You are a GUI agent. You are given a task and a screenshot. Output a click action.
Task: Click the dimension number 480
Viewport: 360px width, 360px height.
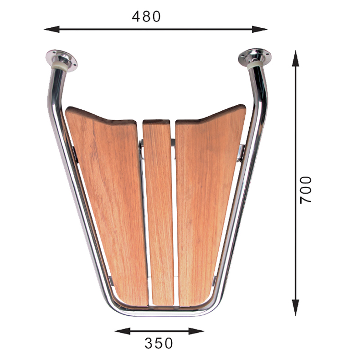click(x=146, y=16)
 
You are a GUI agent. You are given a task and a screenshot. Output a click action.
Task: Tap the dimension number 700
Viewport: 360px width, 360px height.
click(x=306, y=190)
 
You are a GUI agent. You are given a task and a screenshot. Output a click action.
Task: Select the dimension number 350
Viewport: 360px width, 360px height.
click(x=159, y=343)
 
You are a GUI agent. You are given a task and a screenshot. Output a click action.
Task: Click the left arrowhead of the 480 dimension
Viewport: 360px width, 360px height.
click(x=51, y=29)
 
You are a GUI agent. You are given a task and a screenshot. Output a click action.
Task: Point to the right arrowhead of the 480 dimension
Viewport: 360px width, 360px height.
click(x=260, y=29)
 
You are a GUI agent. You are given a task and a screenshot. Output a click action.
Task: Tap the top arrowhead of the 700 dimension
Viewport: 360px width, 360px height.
click(x=295, y=58)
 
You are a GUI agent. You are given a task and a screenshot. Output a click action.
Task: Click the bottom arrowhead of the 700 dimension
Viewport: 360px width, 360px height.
click(x=295, y=308)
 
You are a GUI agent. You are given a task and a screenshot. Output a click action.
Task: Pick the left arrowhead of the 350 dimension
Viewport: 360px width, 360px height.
click(x=122, y=331)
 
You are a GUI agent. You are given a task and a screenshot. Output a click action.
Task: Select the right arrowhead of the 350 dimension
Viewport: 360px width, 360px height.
click(x=196, y=331)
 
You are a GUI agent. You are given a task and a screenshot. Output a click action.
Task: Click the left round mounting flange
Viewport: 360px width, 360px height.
click(x=61, y=60)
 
